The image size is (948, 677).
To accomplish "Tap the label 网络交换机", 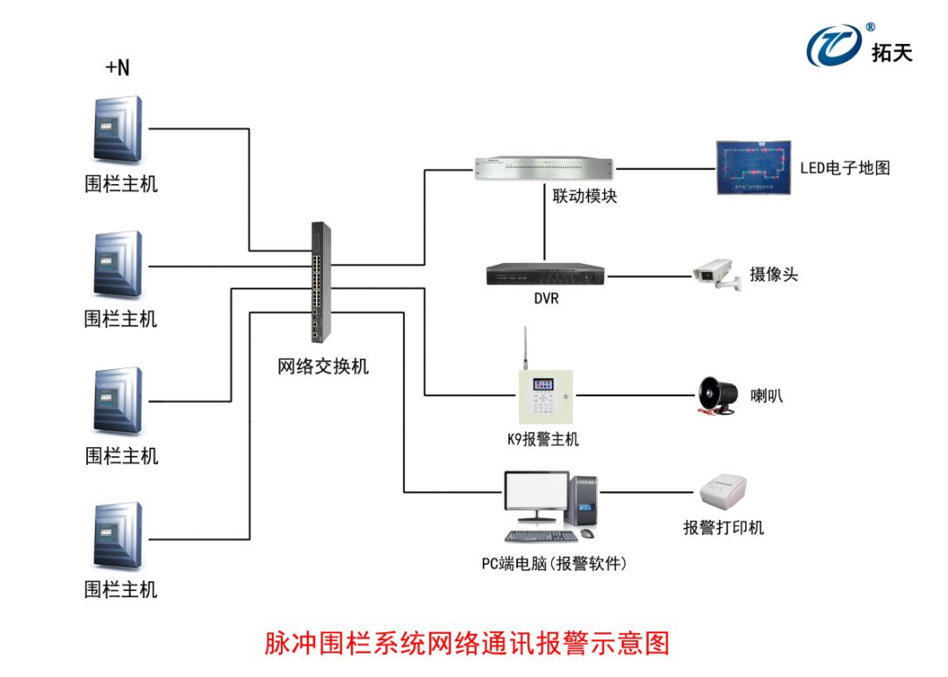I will point(323,367).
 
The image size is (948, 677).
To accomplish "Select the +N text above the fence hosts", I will point(117,68).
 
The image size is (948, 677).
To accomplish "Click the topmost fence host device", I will point(118,129).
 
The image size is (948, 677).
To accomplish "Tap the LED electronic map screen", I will point(753,167).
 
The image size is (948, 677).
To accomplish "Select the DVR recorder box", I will point(544,274).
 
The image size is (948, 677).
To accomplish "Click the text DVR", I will point(546,298).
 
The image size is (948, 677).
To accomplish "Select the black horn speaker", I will point(716,396).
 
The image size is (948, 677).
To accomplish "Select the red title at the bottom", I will point(467,643).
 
